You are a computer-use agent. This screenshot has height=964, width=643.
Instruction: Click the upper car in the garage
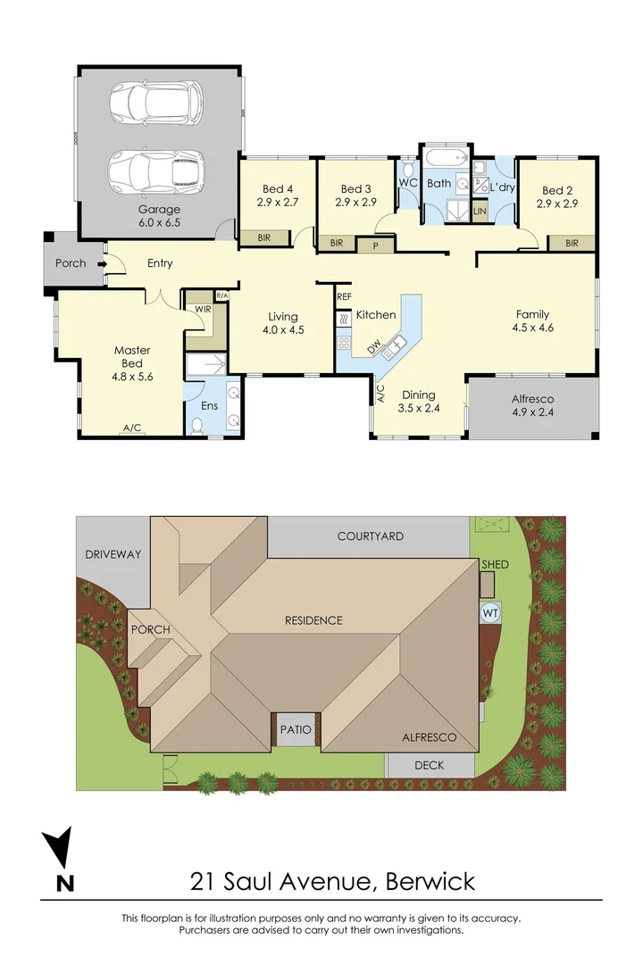[156, 103]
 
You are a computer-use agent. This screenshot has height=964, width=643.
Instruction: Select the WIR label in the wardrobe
[202, 309]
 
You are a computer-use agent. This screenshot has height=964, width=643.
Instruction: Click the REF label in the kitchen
[344, 297]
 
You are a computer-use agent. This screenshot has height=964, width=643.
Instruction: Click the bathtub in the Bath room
[447, 159]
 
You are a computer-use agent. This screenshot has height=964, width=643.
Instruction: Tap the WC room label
[408, 183]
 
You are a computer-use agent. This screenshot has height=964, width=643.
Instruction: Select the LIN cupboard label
[480, 211]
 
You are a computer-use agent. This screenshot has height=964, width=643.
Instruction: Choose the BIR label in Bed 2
[572, 243]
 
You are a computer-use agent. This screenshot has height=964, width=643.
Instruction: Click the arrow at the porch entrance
[103, 263]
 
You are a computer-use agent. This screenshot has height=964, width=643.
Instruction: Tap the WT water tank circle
[490, 614]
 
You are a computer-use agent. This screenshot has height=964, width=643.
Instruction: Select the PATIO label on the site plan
[295, 729]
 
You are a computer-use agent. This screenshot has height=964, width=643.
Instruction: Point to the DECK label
[430, 766]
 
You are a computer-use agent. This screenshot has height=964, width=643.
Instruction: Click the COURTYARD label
[370, 536]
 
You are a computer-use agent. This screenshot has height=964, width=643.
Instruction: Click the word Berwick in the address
[430, 882]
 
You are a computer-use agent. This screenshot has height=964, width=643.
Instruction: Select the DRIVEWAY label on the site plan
[113, 554]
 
